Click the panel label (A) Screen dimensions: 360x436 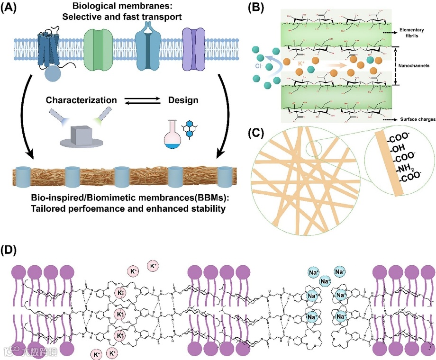point(12,8)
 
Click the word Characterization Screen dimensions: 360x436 point(82,100)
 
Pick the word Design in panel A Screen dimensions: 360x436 point(183,100)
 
